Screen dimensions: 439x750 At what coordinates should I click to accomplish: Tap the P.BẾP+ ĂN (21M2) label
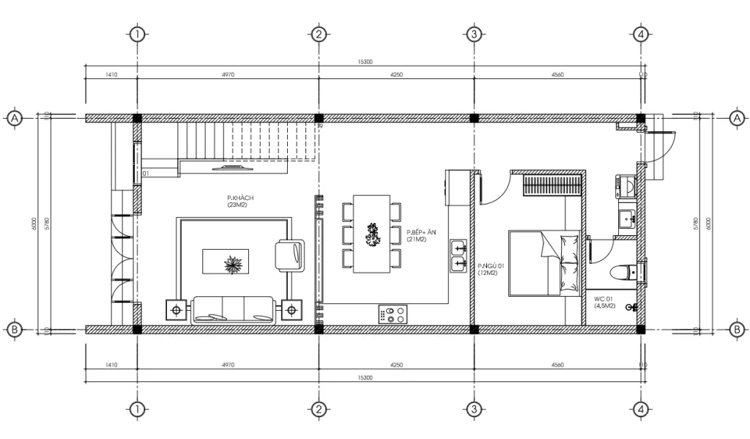[421, 235]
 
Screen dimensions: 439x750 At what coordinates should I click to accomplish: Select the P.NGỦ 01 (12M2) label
[490, 269]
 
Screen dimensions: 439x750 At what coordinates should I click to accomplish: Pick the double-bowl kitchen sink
[459, 255]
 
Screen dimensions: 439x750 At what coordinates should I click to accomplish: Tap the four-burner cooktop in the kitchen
[392, 314]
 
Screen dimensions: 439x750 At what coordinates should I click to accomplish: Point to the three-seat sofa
[232, 309]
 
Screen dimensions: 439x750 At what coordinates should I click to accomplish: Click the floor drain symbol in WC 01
[629, 308]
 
